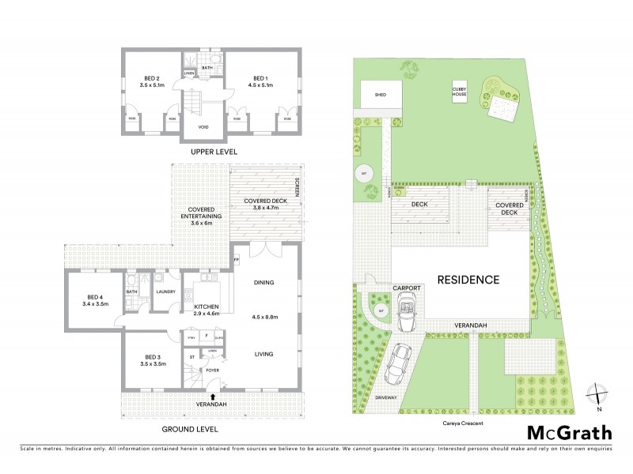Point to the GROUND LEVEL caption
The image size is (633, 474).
pyautogui.click(x=190, y=429)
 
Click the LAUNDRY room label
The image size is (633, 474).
pyautogui.click(x=165, y=292)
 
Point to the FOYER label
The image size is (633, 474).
pyautogui.click(x=212, y=370)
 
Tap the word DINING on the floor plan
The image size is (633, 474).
pyautogui.click(x=263, y=282)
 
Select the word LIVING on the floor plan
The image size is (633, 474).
pyautogui.click(x=264, y=355)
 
